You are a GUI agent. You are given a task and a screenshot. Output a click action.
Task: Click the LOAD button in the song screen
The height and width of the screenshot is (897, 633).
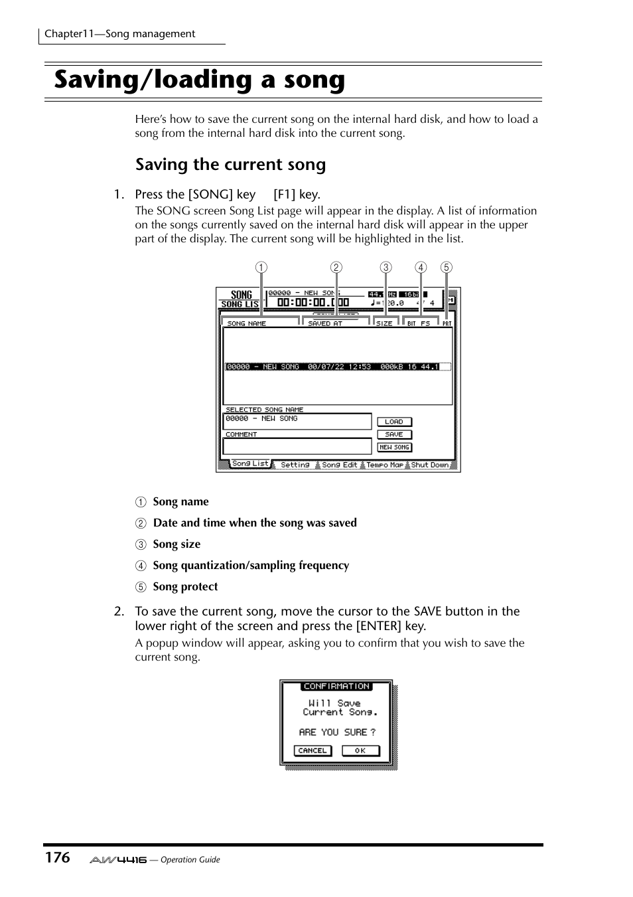coord(394,422)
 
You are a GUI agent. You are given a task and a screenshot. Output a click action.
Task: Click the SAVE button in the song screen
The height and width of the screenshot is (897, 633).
coord(394,434)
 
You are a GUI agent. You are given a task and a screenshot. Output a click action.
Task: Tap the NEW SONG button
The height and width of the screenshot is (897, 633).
coord(394,448)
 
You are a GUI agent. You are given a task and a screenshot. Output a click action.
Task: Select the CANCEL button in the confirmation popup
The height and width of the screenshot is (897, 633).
coord(312,751)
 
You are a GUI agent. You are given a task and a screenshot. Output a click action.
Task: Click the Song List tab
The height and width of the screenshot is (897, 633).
coord(250,464)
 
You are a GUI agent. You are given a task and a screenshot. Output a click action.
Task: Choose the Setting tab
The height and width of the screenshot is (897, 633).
coord(295,465)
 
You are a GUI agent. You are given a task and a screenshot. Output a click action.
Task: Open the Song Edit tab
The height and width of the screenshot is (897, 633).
coord(339,465)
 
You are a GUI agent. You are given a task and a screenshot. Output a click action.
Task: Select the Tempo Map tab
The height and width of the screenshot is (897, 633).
coord(384,465)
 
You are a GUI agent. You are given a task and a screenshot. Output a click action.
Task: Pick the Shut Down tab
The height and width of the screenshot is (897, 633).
coord(429,465)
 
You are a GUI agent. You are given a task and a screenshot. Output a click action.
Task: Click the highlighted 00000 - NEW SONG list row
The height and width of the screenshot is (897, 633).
coord(337,367)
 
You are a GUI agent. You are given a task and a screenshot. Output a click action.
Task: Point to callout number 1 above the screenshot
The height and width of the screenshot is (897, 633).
coord(261,268)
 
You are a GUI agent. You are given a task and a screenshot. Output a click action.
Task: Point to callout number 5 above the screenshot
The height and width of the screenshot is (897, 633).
coord(447,268)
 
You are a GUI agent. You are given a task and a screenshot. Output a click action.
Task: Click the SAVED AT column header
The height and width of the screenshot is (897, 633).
coord(325,323)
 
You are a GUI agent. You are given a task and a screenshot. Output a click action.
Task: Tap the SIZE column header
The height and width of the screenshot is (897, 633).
coord(384,323)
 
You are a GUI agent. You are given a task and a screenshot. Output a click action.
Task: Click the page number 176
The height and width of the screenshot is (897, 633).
coord(57,858)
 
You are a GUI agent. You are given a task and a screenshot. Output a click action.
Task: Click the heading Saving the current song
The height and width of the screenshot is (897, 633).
coord(230,165)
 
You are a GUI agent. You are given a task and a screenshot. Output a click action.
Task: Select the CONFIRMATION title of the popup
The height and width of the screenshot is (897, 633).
coord(336,687)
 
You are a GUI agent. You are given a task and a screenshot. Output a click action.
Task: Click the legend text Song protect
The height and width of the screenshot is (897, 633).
coord(185,587)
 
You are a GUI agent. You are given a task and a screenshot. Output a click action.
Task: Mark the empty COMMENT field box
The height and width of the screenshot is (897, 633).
coord(297,446)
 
